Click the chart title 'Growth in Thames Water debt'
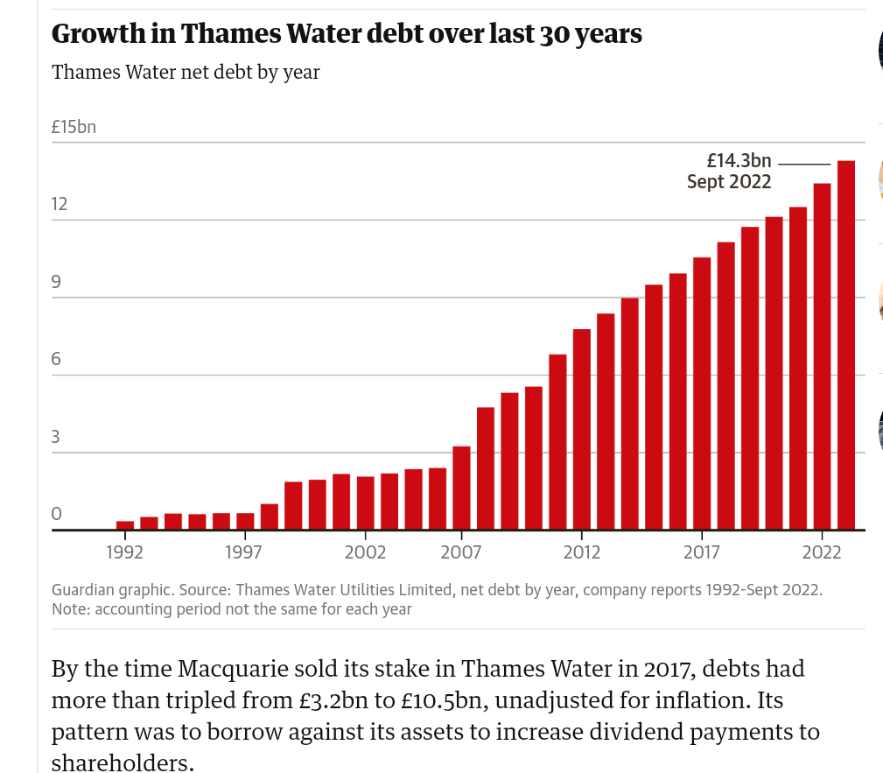347,34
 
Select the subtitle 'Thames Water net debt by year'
186,72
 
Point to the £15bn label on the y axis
74,127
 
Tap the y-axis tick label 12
60,205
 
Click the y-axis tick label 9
56,282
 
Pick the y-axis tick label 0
56,515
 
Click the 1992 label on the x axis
124,552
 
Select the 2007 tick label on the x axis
461,552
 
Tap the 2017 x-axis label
702,552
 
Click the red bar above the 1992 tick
125,525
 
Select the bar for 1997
245,522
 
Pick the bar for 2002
365,503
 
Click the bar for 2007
461,488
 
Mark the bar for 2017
702,393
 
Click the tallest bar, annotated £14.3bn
846,345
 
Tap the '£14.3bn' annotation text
739,160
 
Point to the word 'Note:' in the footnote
70,608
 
